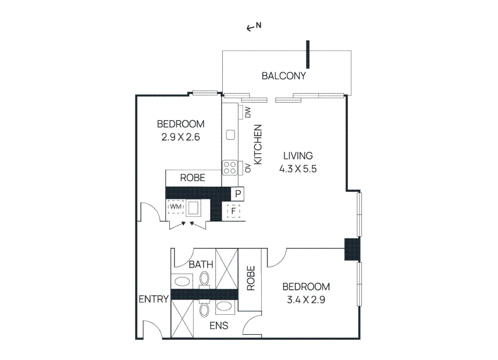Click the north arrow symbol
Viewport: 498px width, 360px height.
pos(254,27)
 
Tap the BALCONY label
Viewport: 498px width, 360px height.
pos(284,76)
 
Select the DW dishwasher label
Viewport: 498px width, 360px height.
pos(248,112)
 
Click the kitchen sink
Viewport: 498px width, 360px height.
pos(230,135)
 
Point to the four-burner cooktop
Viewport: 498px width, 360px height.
pos(230,168)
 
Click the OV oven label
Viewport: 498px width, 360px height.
pos(248,168)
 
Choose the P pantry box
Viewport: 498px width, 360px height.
pos(238,194)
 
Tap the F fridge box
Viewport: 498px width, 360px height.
pos(233,211)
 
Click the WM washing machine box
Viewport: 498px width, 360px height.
pos(176,207)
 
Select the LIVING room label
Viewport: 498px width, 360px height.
pos(298,156)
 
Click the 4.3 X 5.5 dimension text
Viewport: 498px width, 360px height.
pos(298,169)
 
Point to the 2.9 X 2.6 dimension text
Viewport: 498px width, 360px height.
pos(181,137)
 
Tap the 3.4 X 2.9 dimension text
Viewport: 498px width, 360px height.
pos(306,300)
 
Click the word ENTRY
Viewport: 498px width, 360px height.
pos(153,299)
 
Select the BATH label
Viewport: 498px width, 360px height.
pos(201,265)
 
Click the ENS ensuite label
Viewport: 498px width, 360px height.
pos(219,326)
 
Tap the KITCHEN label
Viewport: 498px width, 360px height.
pos(258,144)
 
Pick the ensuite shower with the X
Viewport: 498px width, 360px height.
pos(182,319)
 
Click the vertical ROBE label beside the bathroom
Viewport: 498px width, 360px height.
pos(251,278)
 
